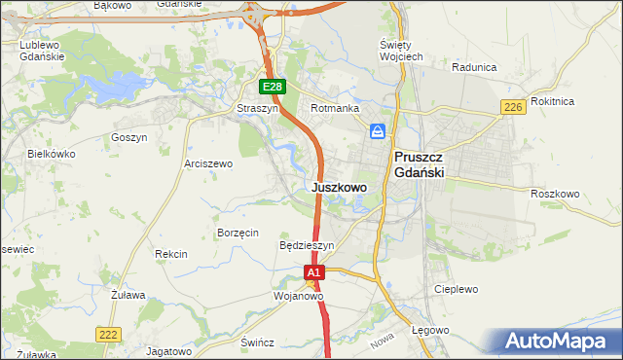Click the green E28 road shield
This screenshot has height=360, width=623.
coord(274,88)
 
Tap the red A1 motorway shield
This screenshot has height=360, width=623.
coord(313,274)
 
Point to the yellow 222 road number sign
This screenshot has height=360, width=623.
coord(108,334)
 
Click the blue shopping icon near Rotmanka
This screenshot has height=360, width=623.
coord(377,131)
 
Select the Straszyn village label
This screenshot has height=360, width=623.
coord(258,109)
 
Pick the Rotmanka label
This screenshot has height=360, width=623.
coord(335,108)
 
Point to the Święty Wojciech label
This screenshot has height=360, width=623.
coord(400,51)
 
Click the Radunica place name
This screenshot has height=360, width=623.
coord(474,67)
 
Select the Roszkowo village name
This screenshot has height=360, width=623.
coord(556,194)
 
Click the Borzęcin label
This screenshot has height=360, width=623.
coord(238,233)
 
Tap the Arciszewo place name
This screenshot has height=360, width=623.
coord(208,163)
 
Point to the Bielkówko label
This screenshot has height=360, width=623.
coord(52,154)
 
